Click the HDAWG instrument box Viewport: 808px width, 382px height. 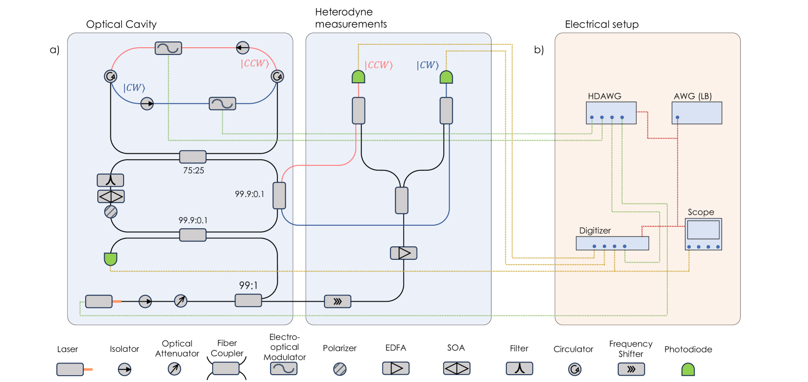tap(611, 113)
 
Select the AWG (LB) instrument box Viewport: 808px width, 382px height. tap(697, 113)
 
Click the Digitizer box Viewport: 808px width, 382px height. tap(612, 243)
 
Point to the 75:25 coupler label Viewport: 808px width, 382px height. tap(194, 170)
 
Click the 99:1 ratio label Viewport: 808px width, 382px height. tap(248, 285)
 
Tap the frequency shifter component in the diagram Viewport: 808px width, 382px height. tap(338, 302)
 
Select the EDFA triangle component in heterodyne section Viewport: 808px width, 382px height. tap(404, 253)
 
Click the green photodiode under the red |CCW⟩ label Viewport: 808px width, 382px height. tap(359, 77)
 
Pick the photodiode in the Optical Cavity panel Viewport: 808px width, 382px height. tap(110, 259)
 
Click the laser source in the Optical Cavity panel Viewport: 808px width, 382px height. tap(99, 302)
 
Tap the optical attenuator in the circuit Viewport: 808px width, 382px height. tap(180, 301)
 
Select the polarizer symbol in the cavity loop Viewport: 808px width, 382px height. tap(111, 212)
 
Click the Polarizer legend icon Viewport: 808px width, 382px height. tap(340, 369)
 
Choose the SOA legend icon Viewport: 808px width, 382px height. tap(456, 369)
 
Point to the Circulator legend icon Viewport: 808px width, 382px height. tap(575, 369)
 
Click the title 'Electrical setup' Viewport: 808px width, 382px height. tap(601, 24)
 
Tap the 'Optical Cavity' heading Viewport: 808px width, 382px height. tap(121, 24)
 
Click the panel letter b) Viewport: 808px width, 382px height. tap(539, 50)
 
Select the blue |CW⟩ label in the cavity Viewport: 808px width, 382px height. tap(134, 88)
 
